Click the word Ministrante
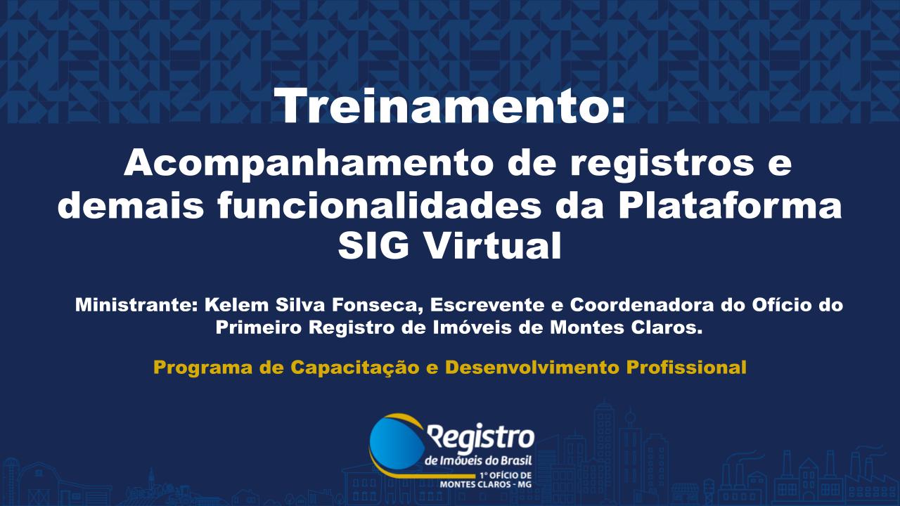134,306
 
